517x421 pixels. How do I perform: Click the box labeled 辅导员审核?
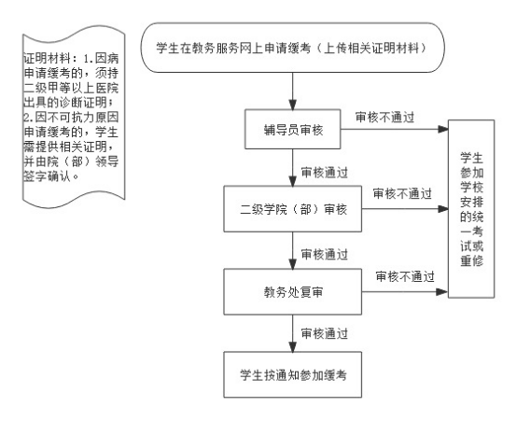point(292,130)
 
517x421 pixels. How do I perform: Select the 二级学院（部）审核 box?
point(293,209)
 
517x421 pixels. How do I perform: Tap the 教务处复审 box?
point(293,291)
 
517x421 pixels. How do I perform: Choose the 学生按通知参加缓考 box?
point(293,374)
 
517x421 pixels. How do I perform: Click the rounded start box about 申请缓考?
point(292,48)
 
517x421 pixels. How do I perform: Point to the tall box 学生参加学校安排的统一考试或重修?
point(471,209)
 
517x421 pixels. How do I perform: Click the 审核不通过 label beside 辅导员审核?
point(384,117)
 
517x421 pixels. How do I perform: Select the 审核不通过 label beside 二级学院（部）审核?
point(402,193)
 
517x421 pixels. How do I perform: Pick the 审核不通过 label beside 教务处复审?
point(405,276)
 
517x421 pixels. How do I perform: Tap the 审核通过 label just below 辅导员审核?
point(325,173)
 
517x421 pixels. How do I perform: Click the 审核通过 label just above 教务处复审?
point(325,255)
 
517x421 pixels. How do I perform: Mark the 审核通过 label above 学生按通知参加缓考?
point(325,333)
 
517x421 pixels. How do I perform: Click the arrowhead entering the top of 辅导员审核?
point(292,105)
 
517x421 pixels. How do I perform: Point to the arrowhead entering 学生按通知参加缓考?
point(292,346)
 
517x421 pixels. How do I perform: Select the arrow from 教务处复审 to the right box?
point(405,291)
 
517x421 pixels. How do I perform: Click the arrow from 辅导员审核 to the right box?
point(395,129)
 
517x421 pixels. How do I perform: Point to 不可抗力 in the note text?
point(60,117)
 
